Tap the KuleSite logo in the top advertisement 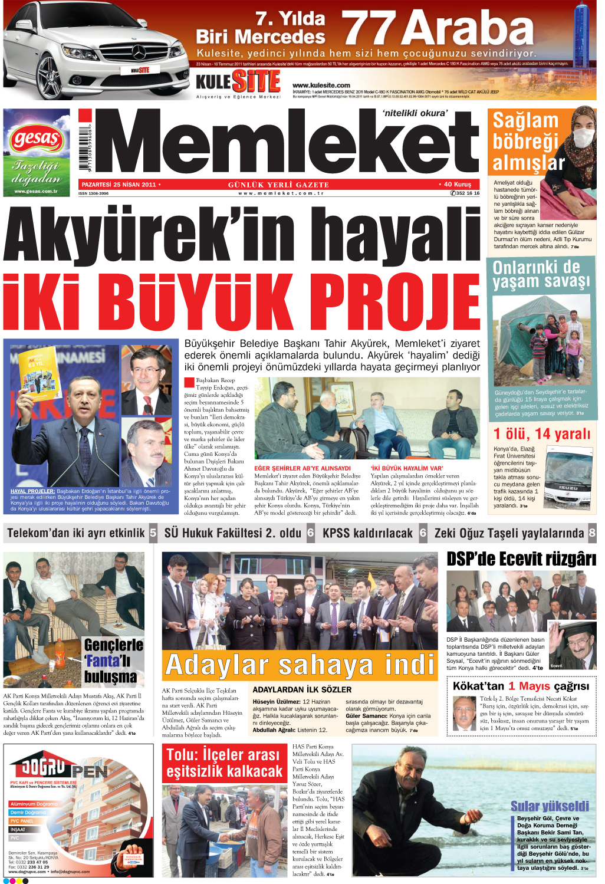238,81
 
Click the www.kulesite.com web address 321,86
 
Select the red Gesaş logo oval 36,139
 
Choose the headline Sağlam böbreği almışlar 526,142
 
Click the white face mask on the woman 583,137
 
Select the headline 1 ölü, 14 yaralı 541,434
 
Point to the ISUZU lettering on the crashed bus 568,488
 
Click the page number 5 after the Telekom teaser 153,533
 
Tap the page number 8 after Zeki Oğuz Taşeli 592,533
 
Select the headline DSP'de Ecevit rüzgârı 521,559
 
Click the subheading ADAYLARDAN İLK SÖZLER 302,689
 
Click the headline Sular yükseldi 550,806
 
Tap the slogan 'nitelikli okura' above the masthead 415,113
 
